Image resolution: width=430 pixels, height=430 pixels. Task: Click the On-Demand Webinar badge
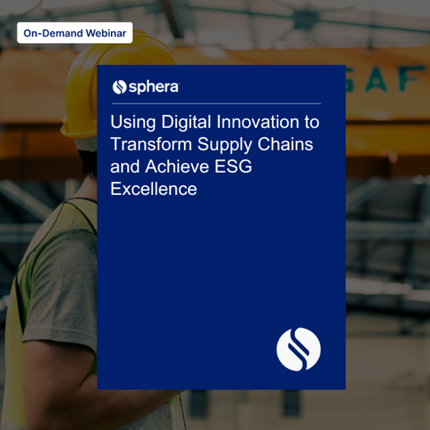[x=75, y=33]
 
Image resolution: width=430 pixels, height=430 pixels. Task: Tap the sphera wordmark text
[x=154, y=87]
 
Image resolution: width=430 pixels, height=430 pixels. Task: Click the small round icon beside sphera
[x=120, y=87]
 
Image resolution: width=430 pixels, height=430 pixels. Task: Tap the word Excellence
[x=153, y=189]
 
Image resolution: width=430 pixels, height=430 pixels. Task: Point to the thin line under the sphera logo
[x=215, y=104]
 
